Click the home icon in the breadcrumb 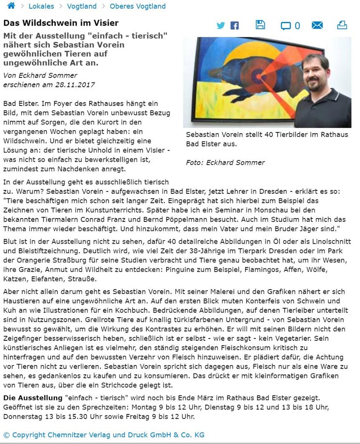point(11,6)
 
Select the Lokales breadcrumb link point(41,6)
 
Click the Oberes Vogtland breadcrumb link point(138,6)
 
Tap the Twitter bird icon point(220,25)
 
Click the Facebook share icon point(235,26)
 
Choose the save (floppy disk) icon point(260,25)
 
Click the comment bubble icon point(286,26)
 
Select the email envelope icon point(317,25)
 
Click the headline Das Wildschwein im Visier point(61,23)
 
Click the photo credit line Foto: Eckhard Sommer point(225,162)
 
